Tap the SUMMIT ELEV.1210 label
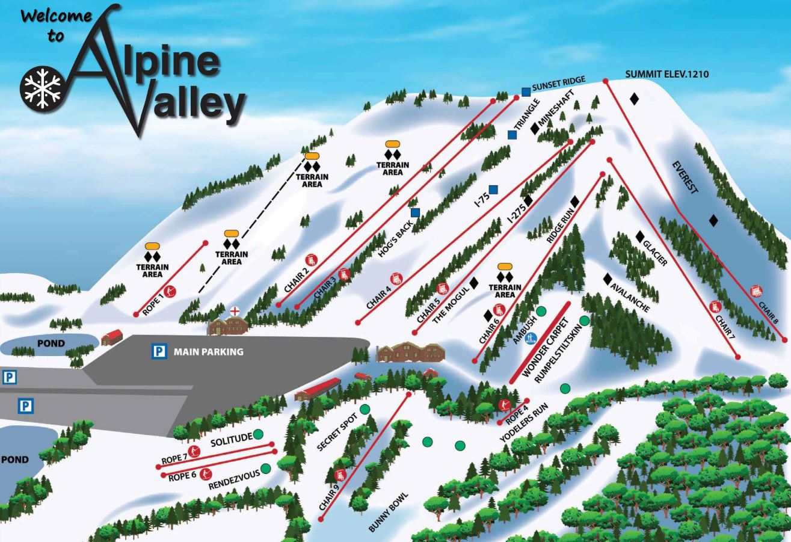pos(666,75)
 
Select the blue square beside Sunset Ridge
pos(526,91)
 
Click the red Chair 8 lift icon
pos(757,292)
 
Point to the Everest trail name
pos(685,178)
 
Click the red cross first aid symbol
pos(235,311)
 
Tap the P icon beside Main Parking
pos(158,351)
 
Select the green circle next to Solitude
pos(258,434)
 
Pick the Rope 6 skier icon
pos(206,473)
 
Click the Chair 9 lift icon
pos(340,475)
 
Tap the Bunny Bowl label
pos(389,513)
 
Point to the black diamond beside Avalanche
pos(608,279)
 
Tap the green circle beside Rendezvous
pos(265,467)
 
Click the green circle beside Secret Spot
pos(365,409)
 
